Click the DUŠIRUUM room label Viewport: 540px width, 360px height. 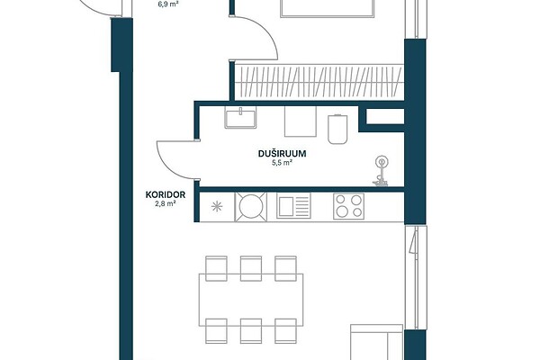(282, 154)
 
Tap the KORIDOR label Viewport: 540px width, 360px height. (166, 194)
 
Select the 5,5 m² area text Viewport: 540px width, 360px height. (282, 163)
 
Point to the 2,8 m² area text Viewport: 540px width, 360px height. (166, 203)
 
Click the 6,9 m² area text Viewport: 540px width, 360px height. (167, 4)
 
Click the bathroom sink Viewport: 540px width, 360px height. (240, 118)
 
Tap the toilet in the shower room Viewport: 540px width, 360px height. (337, 129)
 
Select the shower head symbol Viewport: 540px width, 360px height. (381, 171)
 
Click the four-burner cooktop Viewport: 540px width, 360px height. (348, 206)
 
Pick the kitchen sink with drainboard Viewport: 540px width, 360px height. (293, 206)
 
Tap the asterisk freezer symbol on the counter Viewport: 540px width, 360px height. (217, 207)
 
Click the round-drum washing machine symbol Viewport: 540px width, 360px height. (251, 206)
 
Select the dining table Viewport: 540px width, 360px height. (251, 300)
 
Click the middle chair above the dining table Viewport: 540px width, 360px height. (251, 268)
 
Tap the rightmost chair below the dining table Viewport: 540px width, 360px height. (285, 331)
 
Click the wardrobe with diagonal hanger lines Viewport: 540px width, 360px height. (319, 82)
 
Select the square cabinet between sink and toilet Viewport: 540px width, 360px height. (301, 121)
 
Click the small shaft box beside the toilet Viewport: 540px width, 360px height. (384, 116)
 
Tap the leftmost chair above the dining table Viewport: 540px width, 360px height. (216, 268)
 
